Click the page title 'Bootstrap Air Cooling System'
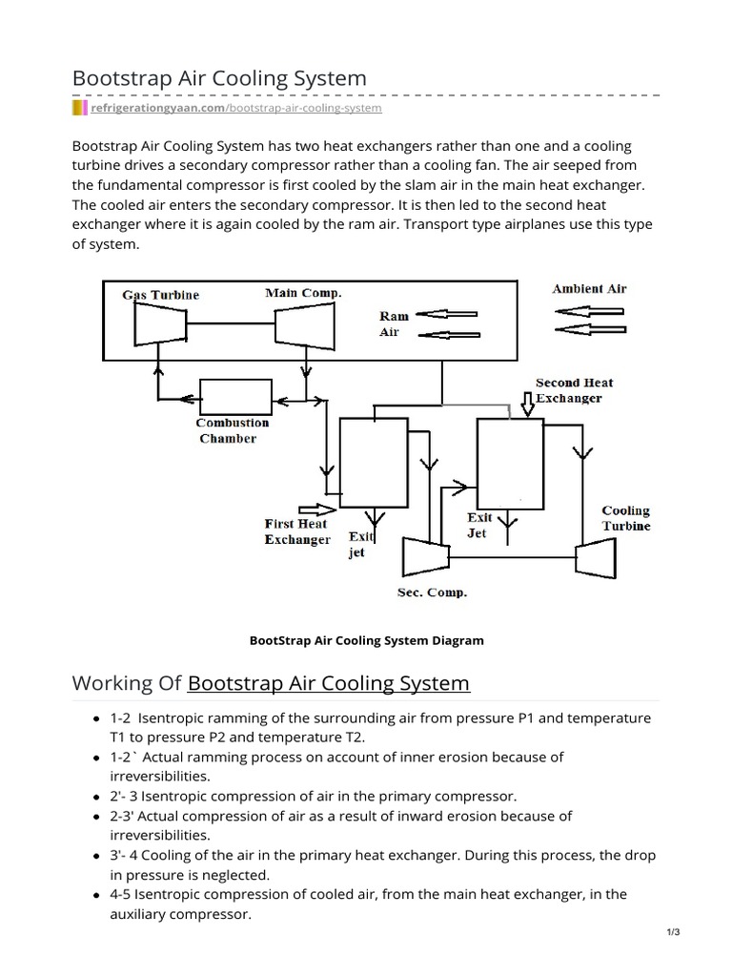pos(219,78)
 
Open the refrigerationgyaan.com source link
pos(235,109)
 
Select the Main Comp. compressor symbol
pos(304,329)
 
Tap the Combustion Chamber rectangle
pos(233,395)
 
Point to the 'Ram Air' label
pos(394,323)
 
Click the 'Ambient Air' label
pos(589,288)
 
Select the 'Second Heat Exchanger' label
pos(574,390)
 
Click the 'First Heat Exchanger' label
pos(296,531)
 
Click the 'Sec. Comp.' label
pos(432,592)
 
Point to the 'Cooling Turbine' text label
pos(626,518)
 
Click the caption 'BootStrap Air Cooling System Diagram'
pos(366,640)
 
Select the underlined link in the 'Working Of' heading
pos(329,683)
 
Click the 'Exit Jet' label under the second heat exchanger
pos(478,526)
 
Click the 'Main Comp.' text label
pos(303,293)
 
